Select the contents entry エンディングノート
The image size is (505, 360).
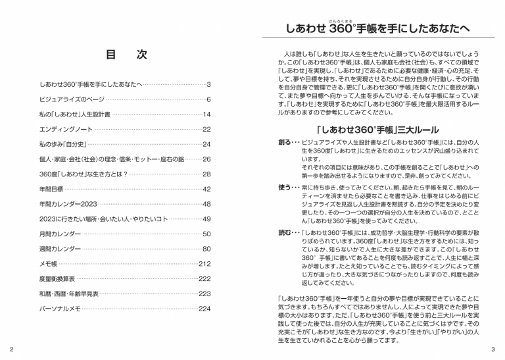click(68, 129)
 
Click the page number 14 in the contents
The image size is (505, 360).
click(206, 115)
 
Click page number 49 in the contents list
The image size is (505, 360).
click(206, 219)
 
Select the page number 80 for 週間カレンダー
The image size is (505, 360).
click(206, 249)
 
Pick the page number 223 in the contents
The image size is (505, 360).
click(204, 294)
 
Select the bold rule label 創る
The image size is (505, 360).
click(285, 143)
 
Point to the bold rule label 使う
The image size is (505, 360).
click(285, 187)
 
